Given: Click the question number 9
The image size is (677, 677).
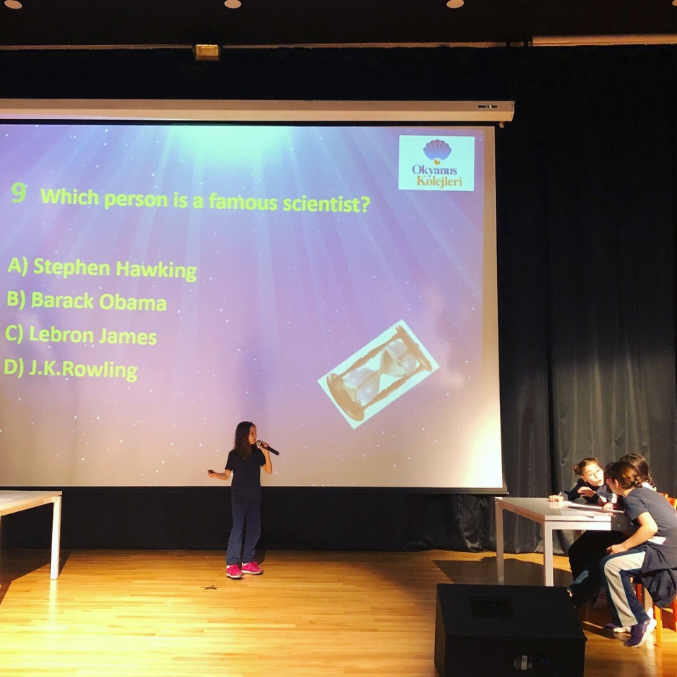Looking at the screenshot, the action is [x=18, y=193].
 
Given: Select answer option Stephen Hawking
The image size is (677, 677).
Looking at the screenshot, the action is [x=102, y=269].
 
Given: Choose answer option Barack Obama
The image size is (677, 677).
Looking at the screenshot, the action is [x=86, y=301].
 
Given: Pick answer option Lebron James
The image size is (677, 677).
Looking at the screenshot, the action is [x=80, y=335].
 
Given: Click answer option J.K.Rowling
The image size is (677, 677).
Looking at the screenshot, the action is [x=71, y=370].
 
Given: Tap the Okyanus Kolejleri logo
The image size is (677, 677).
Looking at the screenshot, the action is [x=436, y=163].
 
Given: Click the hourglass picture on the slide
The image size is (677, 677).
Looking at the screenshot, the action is [x=378, y=374].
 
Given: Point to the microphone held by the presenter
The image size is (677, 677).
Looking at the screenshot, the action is [x=267, y=447].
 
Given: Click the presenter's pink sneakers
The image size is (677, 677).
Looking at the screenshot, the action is [x=243, y=570].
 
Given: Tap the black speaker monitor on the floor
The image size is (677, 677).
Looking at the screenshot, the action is [x=509, y=630].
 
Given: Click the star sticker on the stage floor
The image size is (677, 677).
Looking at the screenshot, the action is [x=209, y=587].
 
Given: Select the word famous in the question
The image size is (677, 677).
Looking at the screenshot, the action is [x=243, y=202].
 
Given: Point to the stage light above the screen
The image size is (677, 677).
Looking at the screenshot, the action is [x=207, y=51].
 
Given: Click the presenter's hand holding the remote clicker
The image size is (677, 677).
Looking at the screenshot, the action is [x=212, y=472].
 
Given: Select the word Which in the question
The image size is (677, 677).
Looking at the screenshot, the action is [x=70, y=197].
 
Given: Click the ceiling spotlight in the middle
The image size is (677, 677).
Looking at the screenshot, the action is [x=233, y=4].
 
